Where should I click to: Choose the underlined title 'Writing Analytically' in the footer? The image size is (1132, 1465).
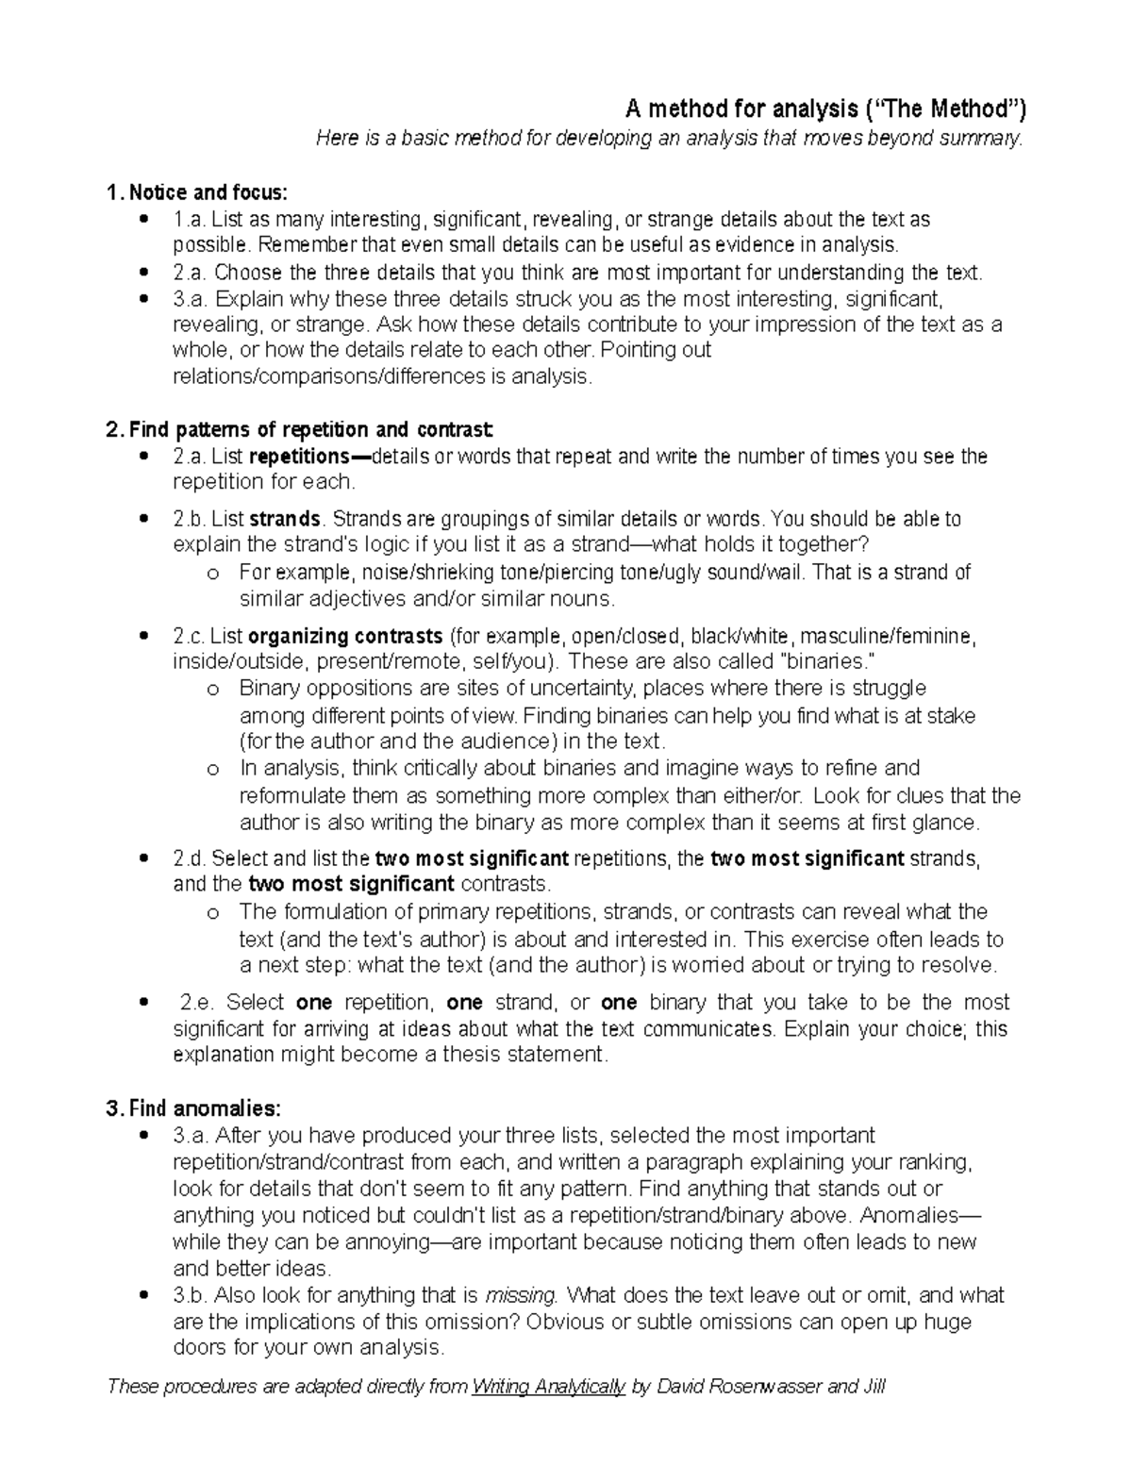coord(548,1386)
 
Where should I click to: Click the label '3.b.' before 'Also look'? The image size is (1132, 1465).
coord(191,1294)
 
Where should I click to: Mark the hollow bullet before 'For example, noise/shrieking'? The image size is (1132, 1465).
coord(211,574)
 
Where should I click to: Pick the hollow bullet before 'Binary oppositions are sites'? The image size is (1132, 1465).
coord(211,689)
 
